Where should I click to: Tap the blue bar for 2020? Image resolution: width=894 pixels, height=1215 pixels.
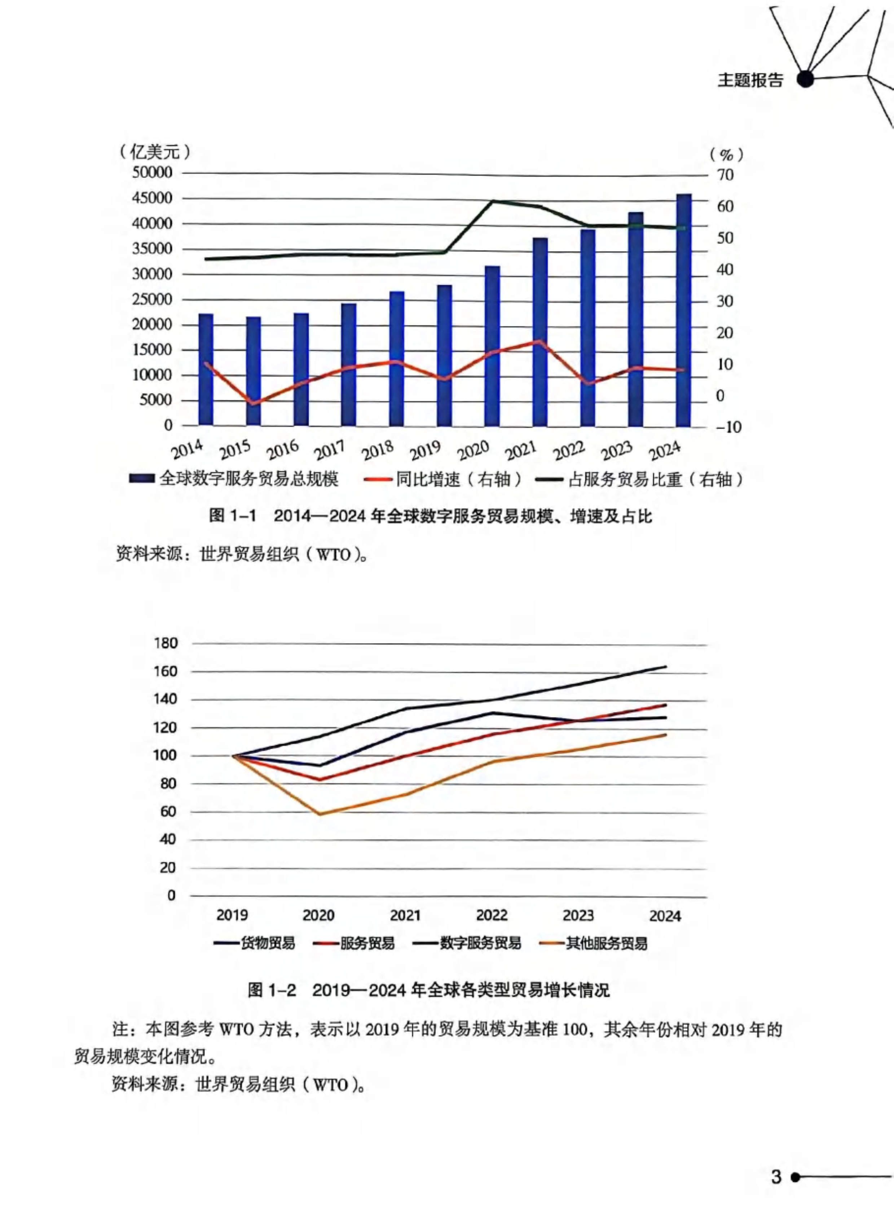pos(492,346)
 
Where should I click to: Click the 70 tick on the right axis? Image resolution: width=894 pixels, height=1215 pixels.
pos(725,175)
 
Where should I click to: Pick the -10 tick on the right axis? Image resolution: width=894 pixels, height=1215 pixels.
pos(727,427)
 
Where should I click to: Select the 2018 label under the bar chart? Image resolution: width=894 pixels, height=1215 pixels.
pos(378,450)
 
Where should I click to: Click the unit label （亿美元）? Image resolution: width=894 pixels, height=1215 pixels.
pos(155,152)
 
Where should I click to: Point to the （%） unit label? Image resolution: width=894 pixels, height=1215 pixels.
pos(726,155)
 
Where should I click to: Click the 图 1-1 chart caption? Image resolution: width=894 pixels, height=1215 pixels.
pos(431,516)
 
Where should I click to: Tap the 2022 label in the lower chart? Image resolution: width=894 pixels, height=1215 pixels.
pos(492,915)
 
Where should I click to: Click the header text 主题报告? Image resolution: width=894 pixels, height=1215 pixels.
pos(750,80)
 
